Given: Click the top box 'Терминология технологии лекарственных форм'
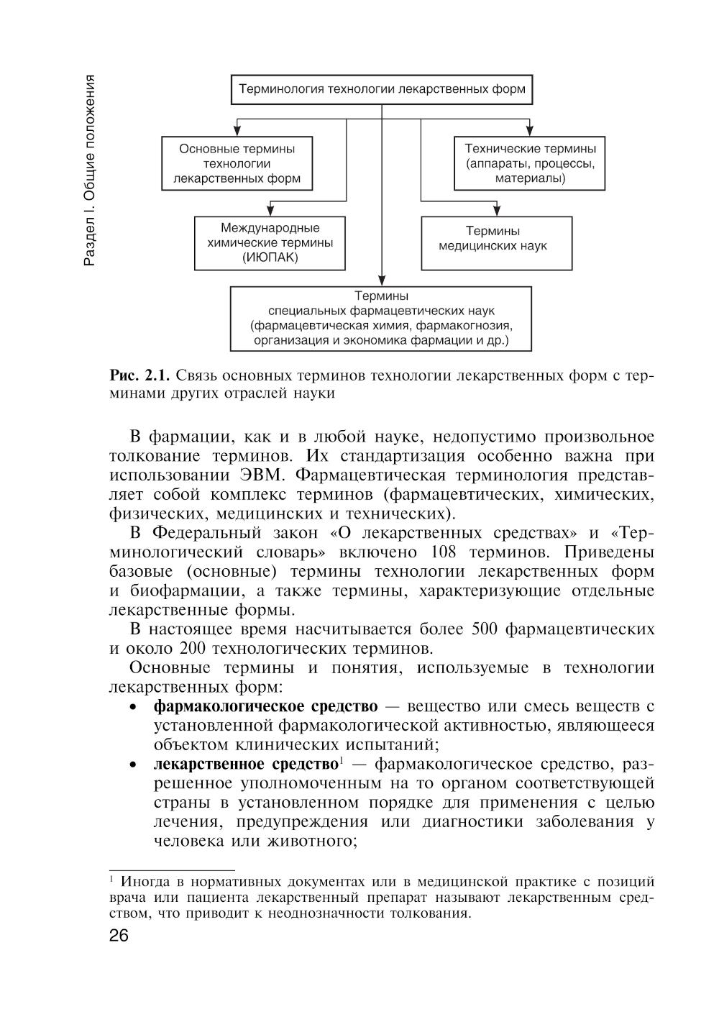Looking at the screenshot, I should pyautogui.click(x=382, y=91).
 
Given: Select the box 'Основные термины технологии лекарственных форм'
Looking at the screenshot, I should pyautogui.click(x=237, y=164).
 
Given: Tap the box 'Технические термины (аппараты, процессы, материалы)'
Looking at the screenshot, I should pyautogui.click(x=530, y=164).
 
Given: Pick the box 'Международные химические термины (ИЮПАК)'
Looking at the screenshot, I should pyautogui.click(x=270, y=243).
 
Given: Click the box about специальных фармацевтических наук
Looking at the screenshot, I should pyautogui.click(x=381, y=318).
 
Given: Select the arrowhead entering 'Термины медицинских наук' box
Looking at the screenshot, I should pyautogui.click(x=496, y=211).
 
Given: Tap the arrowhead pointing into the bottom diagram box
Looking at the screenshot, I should pyautogui.click(x=382, y=281).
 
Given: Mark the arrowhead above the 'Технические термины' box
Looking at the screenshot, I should pyautogui.click(x=529, y=132).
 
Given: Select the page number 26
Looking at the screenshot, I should pyautogui.click(x=118, y=936).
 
